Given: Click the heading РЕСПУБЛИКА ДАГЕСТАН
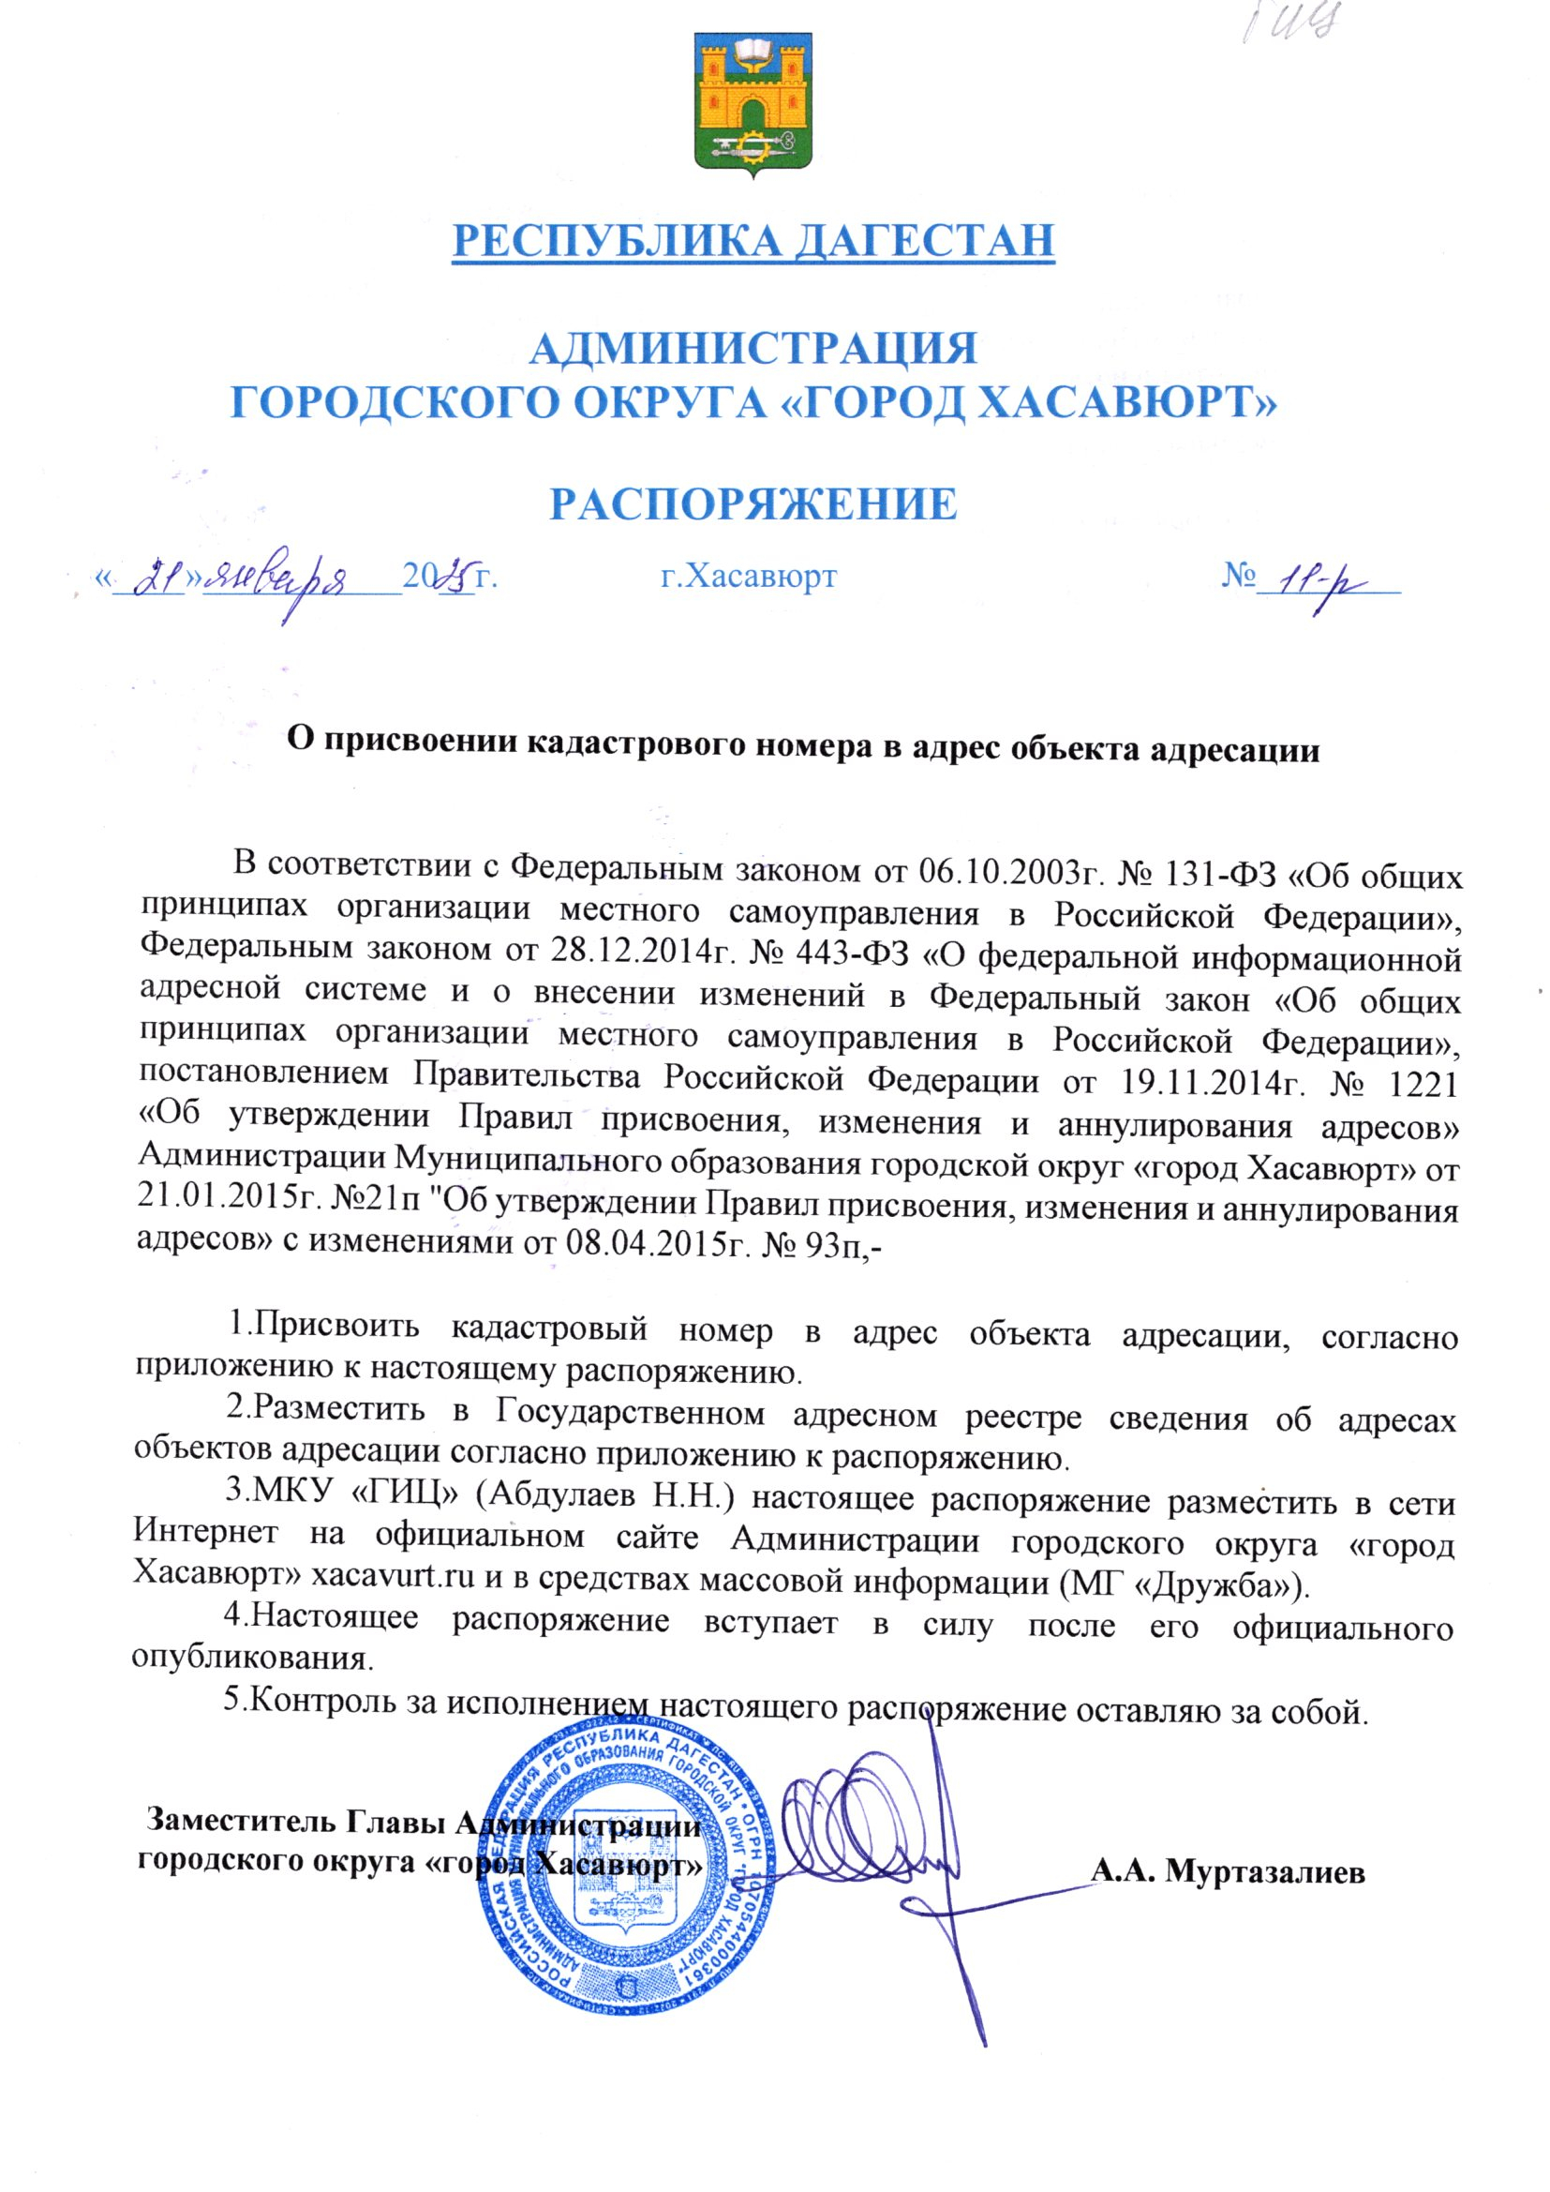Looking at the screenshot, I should pos(753,240).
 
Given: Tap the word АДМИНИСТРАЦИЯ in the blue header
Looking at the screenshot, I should pos(753,350).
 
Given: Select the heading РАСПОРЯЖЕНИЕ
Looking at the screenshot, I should pos(753,503).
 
